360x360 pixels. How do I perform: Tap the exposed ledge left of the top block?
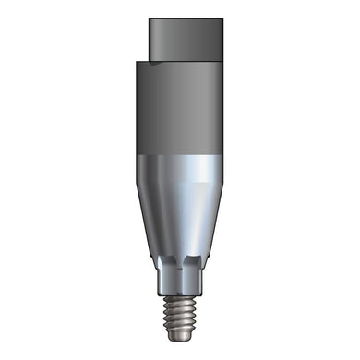coord(140,61)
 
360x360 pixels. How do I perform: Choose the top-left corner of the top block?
coord(148,18)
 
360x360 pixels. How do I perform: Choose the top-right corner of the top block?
coord(220,18)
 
